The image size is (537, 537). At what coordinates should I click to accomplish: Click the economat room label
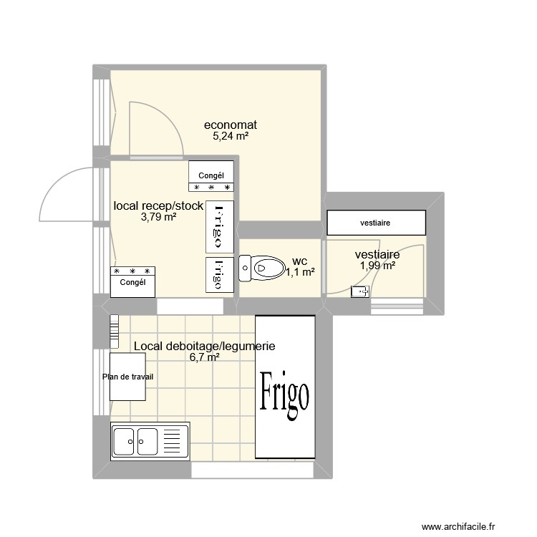(x=230, y=125)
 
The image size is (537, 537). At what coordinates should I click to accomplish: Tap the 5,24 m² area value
(x=230, y=137)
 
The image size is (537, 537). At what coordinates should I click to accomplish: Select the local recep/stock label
(x=158, y=206)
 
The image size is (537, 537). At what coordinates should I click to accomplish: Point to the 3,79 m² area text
(x=158, y=218)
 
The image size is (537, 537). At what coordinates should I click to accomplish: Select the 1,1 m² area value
(x=301, y=272)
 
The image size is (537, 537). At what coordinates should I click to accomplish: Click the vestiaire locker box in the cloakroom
(x=375, y=223)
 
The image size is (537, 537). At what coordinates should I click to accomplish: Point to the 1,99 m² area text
(x=377, y=266)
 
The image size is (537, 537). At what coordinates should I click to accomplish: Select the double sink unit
(x=150, y=441)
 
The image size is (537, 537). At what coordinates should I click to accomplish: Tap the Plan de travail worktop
(x=128, y=377)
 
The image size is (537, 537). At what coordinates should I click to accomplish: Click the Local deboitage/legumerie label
(x=204, y=347)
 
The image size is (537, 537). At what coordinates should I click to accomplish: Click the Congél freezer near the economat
(x=211, y=177)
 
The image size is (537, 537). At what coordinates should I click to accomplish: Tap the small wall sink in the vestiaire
(x=360, y=291)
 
